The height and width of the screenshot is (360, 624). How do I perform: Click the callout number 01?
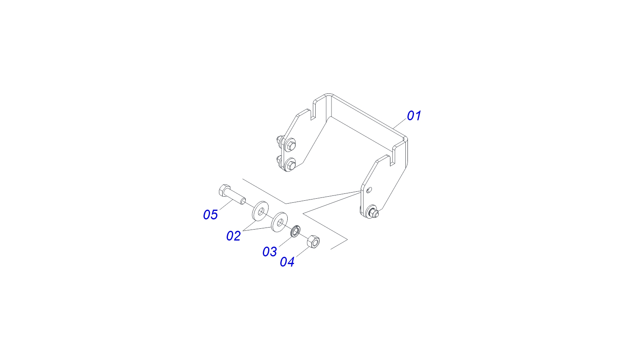tap(414, 116)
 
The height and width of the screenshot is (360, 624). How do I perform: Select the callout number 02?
tap(234, 236)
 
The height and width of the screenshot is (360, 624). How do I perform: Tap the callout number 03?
tap(270, 252)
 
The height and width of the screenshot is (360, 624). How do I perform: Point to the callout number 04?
tap(287, 262)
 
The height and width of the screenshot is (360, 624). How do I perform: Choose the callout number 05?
tap(210, 215)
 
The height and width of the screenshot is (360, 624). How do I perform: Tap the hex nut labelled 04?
tap(313, 241)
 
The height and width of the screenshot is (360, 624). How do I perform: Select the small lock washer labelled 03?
tap(295, 231)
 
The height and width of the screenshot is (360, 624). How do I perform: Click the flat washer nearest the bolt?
tap(260, 211)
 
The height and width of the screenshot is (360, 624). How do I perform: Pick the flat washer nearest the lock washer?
tap(279, 222)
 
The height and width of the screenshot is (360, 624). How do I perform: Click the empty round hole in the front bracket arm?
tap(369, 190)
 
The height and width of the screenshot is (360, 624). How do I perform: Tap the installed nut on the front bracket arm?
tap(373, 213)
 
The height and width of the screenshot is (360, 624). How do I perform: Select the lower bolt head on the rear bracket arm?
tap(291, 165)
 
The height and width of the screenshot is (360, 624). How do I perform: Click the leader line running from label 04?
tap(303, 252)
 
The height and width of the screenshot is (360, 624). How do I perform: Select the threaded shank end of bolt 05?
tap(243, 200)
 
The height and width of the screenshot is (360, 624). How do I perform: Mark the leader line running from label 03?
tap(285, 241)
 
